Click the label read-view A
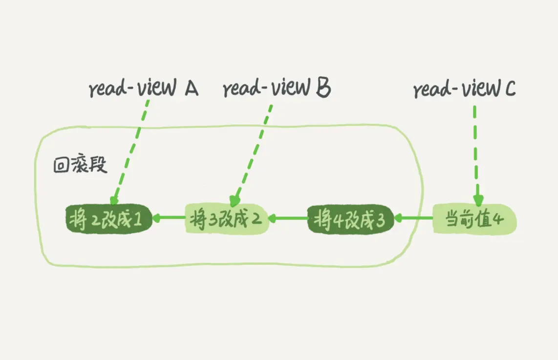coord(143,89)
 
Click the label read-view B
coord(277,89)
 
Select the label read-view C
coord(465,90)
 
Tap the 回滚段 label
coord(80,165)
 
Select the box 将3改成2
coord(227,219)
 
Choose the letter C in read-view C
coord(509,89)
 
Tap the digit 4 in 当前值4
coord(497,219)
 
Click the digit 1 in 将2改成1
coord(138,220)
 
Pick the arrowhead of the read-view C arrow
coord(477,200)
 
